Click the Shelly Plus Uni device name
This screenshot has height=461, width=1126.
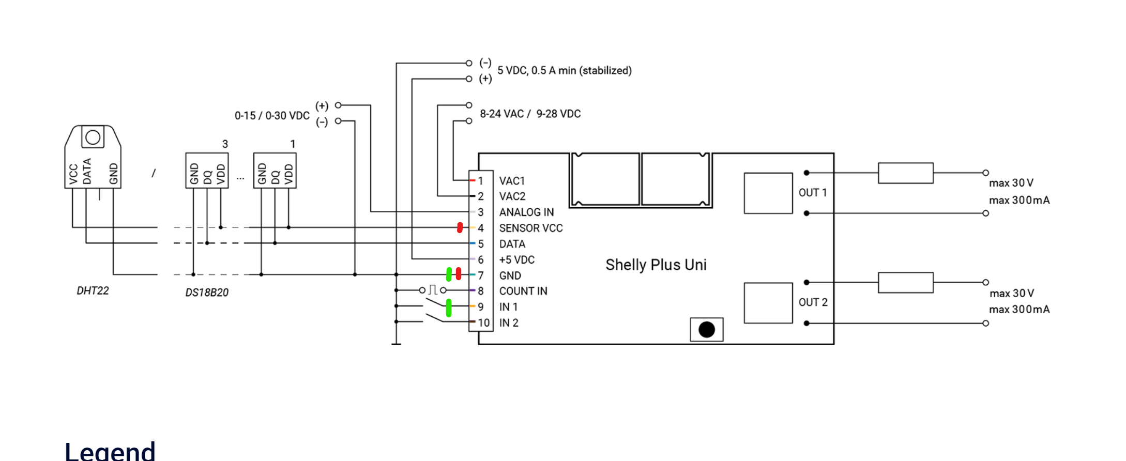656,265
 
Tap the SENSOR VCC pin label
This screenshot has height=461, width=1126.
530,228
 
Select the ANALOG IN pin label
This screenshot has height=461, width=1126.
526,212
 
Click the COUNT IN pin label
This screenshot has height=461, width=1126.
523,291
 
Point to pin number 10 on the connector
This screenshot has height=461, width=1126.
483,322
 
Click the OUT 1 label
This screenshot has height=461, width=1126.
813,193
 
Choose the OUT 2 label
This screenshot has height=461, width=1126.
813,302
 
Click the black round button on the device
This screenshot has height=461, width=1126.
706,329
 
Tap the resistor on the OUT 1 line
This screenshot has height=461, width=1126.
905,173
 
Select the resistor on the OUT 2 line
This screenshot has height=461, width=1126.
905,283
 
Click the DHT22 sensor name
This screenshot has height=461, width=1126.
93,290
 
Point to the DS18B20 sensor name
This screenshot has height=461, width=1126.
207,293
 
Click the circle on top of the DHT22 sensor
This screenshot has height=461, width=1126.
93,137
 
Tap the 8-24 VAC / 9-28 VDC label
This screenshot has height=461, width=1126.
530,114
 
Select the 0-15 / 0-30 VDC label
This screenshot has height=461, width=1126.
272,116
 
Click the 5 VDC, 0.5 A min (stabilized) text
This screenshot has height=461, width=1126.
564,70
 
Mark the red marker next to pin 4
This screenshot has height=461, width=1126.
460,227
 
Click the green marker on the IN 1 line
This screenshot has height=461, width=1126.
448,308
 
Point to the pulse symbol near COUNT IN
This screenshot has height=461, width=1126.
433,290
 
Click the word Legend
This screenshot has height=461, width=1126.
110,451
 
